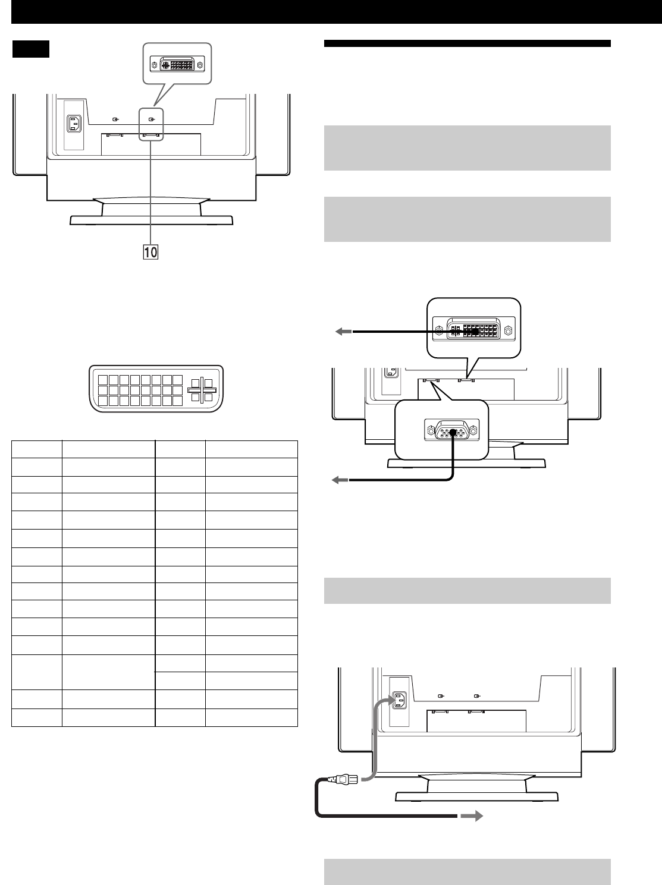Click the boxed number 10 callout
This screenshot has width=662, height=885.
[150, 253]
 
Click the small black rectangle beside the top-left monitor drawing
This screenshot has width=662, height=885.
[31, 49]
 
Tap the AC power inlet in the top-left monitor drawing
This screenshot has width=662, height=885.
[74, 124]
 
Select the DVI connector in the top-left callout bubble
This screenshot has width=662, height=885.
[177, 65]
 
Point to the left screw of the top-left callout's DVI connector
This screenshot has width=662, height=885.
[153, 65]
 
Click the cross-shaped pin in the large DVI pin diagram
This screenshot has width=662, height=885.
[202, 390]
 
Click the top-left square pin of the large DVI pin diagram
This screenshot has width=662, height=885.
[102, 380]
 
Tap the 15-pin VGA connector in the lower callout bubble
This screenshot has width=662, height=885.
[452, 431]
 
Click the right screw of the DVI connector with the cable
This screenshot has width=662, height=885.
[508, 332]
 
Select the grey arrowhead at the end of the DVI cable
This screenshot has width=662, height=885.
[344, 332]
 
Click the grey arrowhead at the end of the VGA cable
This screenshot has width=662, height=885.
[340, 480]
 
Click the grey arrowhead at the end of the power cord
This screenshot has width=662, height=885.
[472, 815]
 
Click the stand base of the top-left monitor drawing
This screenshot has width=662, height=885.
[152, 220]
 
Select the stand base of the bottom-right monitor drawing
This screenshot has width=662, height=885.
[477, 796]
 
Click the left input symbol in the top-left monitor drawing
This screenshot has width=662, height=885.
[116, 119]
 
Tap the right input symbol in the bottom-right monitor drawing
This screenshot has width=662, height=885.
[477, 696]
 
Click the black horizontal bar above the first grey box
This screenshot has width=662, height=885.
[467, 43]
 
